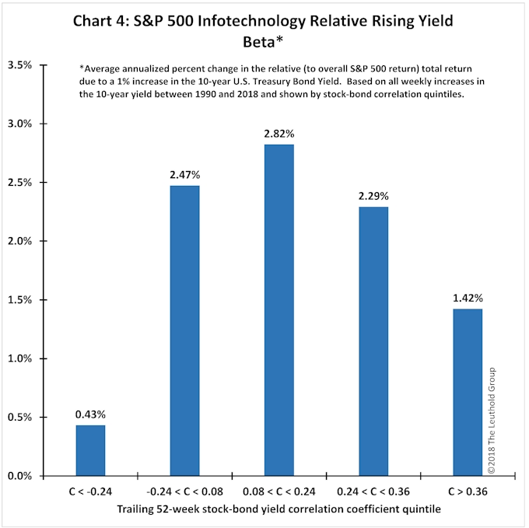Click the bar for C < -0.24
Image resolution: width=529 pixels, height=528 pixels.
click(90, 450)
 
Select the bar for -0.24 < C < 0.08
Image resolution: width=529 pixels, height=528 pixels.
click(184, 330)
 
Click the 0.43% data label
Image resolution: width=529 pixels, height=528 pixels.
click(90, 415)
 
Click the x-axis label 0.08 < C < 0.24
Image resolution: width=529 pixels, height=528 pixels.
click(279, 492)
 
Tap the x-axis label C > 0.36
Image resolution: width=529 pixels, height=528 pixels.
click(468, 492)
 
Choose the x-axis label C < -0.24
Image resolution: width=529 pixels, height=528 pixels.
click(90, 492)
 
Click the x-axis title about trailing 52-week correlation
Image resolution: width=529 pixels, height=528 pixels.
click(274, 509)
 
